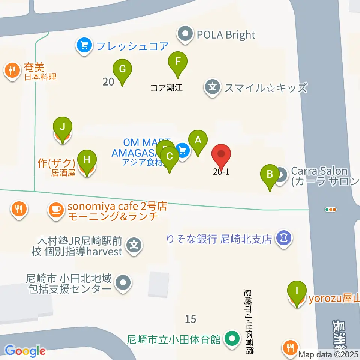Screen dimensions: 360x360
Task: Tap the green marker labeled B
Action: point(269,174)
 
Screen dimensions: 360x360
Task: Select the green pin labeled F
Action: point(178,61)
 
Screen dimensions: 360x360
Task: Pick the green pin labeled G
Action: point(122,69)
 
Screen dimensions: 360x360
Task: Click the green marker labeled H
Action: point(87,160)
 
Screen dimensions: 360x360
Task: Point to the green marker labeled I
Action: point(297,291)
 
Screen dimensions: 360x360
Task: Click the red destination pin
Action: point(221,154)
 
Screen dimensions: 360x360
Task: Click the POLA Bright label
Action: point(226,35)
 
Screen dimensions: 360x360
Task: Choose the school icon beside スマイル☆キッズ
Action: point(213,88)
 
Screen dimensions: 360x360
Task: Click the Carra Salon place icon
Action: point(282,175)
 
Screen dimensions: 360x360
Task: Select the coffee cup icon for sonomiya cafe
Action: point(57,210)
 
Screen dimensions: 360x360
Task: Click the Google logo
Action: point(25,351)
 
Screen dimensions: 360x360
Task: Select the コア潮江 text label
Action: point(166,88)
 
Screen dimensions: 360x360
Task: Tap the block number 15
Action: point(190,319)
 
